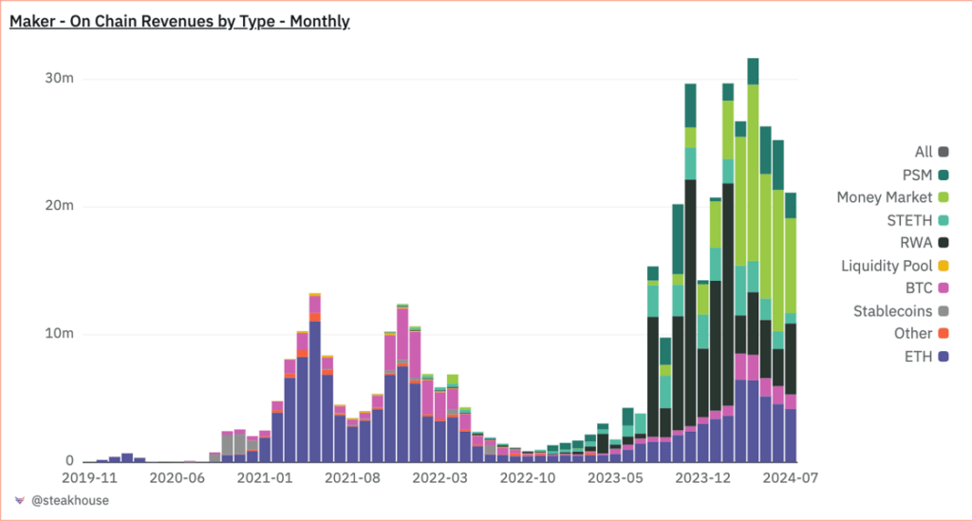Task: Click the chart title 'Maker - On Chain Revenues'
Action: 179,21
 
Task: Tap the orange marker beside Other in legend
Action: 943,334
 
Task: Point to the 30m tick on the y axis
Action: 61,79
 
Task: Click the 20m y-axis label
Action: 61,207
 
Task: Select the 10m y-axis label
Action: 61,334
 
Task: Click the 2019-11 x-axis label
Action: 89,478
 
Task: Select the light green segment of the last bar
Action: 790,266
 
